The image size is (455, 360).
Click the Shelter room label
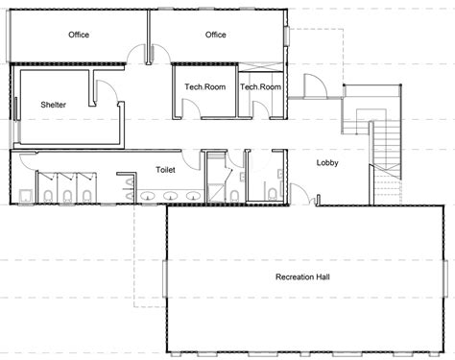[x=53, y=105]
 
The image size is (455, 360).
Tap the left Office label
[x=79, y=36]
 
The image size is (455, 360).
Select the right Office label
[x=216, y=36]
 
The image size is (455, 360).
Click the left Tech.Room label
[x=204, y=87]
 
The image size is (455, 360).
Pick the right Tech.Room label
[x=260, y=87]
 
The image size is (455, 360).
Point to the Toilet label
[x=166, y=169]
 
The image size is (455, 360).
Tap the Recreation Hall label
[x=304, y=277]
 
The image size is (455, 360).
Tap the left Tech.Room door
[x=193, y=108]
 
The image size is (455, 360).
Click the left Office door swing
[x=137, y=56]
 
